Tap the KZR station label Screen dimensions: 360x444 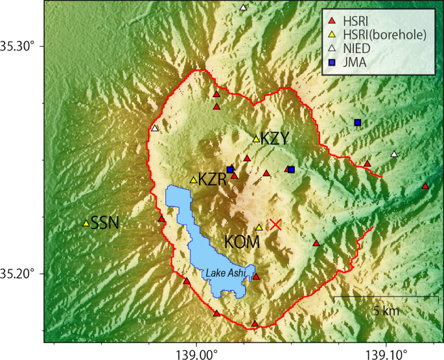tap(213, 179)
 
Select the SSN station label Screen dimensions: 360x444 tap(104, 223)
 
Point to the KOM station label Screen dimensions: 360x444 tap(242, 242)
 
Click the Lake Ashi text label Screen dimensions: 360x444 tap(226, 274)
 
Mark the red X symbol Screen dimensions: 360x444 tap(275, 224)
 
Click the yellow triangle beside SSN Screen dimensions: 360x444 tap(86, 223)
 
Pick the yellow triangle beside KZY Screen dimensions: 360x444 tap(256, 139)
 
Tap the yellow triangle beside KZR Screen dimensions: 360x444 tap(193, 179)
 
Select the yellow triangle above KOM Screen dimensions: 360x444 tap(259, 227)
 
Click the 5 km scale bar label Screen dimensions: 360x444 tap(386, 311)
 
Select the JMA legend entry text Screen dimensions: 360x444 tap(355, 63)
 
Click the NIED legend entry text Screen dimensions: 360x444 tap(358, 49)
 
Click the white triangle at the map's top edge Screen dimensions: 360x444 tap(243, 8)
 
